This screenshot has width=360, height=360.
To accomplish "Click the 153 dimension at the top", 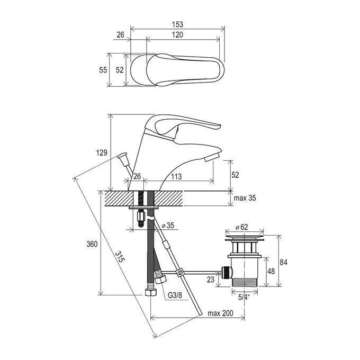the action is pos(177,24).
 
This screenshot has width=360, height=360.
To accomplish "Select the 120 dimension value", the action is pos(177,34).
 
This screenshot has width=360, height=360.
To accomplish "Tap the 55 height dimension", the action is pos(103,70).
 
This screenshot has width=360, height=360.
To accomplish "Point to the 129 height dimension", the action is pos(102,152).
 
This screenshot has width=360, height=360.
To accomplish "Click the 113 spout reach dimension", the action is pos(176,176).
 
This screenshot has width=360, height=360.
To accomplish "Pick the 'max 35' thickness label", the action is pos(245,198).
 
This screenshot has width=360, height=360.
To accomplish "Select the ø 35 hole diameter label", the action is pos(168,226).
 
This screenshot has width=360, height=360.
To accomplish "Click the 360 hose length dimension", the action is pos(92,244).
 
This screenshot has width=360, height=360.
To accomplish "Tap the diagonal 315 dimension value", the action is pos(120,257).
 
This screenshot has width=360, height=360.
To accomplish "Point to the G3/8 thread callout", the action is pos(175,295).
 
